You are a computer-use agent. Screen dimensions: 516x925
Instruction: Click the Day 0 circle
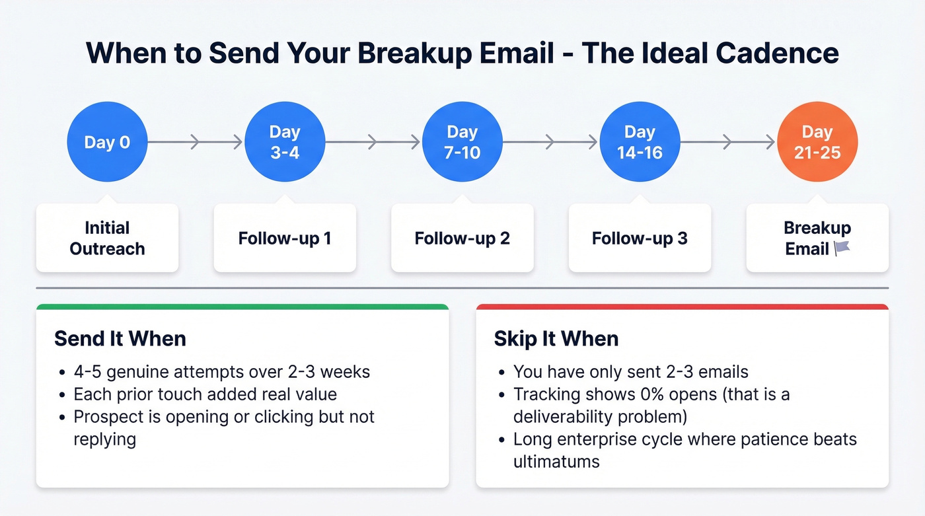click(x=107, y=142)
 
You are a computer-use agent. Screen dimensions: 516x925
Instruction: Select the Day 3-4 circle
click(x=285, y=142)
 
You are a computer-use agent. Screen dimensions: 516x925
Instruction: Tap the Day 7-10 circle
click(x=462, y=142)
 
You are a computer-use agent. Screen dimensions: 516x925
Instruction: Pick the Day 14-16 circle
click(x=640, y=142)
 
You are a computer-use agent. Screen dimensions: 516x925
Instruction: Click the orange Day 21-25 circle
click(x=817, y=142)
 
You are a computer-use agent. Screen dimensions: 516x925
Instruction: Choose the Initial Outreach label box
click(x=107, y=238)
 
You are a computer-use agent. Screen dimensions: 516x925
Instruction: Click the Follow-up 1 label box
click(x=285, y=238)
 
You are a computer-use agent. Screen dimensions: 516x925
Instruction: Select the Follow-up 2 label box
click(x=462, y=238)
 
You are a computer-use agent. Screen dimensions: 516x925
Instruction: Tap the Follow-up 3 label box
click(x=640, y=238)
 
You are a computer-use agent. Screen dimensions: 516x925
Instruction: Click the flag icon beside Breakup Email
click(x=842, y=249)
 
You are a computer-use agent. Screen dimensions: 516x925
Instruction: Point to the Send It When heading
click(x=120, y=338)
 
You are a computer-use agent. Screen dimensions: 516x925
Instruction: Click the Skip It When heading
click(x=556, y=338)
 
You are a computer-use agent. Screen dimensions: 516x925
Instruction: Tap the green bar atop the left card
click(x=242, y=307)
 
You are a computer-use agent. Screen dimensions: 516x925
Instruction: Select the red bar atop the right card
click(x=682, y=307)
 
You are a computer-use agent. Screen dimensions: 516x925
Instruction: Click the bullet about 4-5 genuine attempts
click(x=222, y=371)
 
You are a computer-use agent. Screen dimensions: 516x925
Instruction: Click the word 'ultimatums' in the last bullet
click(x=556, y=461)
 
